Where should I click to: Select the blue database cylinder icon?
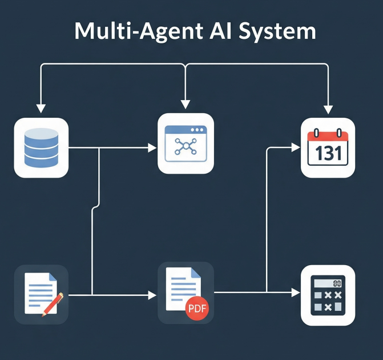pyautogui.click(x=41, y=147)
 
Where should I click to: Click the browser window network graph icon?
pyautogui.click(x=186, y=143)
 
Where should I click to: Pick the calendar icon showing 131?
pyautogui.click(x=328, y=147)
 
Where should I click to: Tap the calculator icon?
pyautogui.click(x=328, y=295)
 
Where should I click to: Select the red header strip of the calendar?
pyautogui.click(x=328, y=136)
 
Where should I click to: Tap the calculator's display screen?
pyautogui.click(x=328, y=283)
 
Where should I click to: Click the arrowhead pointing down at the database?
pyautogui.click(x=41, y=108)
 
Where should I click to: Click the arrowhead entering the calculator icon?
pyautogui.click(x=295, y=293)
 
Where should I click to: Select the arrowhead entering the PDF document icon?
pyautogui.click(x=152, y=295)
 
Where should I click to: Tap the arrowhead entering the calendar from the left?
pyautogui.click(x=295, y=147)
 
